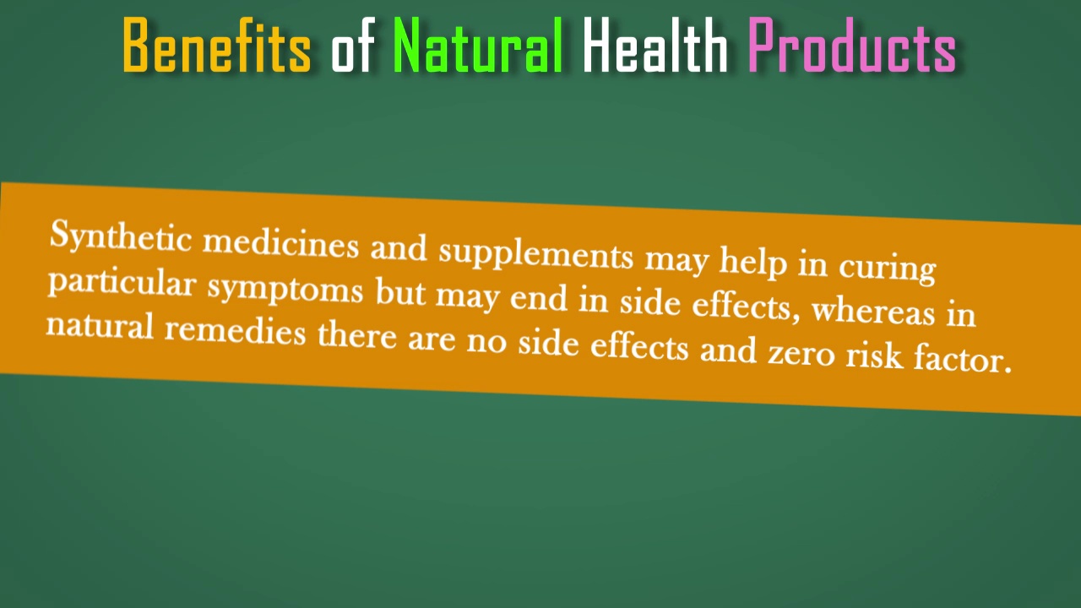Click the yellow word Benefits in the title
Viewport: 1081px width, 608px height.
[217, 46]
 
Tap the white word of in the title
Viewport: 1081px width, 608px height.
[352, 46]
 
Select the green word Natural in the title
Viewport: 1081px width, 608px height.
[478, 46]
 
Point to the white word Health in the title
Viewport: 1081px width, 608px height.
[655, 46]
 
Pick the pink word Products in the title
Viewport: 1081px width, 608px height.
[851, 46]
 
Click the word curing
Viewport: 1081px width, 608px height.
[887, 267]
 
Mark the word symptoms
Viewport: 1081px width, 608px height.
[285, 290]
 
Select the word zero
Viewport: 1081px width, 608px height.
[801, 353]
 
